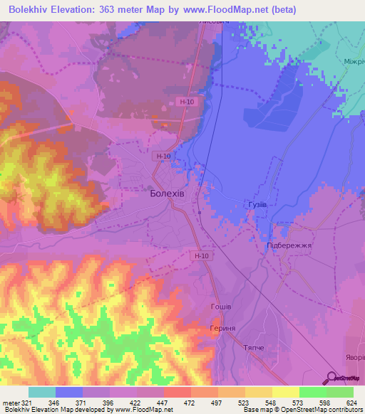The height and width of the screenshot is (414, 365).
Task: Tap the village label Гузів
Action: [x=257, y=204]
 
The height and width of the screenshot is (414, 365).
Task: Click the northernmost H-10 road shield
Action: [x=187, y=102]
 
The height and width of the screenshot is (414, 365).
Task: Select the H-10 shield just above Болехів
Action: [x=163, y=156]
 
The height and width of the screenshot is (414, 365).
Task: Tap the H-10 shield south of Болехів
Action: [x=201, y=255]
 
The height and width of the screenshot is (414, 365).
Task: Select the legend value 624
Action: [x=353, y=402]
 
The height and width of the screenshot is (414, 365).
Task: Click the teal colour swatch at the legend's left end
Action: [x=41, y=392]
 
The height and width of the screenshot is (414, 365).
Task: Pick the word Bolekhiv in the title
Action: [x=34, y=9]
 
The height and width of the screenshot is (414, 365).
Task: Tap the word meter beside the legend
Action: [x=10, y=402]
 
